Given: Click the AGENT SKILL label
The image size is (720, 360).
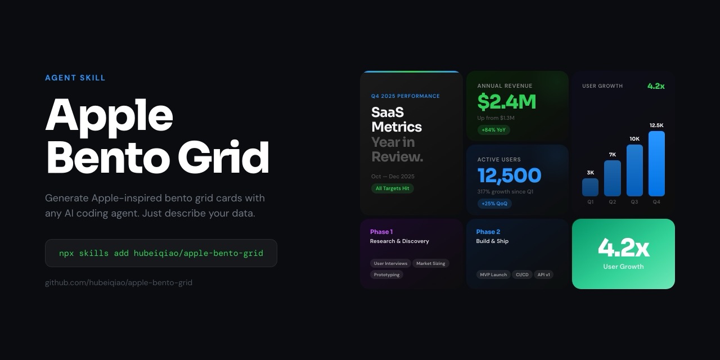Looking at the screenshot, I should click(75, 78).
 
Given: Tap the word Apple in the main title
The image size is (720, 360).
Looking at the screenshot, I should click(109, 115).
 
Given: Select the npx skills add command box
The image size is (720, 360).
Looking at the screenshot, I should click(161, 253).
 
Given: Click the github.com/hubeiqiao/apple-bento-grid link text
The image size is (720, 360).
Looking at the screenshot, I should click(119, 282).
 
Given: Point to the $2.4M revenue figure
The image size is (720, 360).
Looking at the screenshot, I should click(506, 102).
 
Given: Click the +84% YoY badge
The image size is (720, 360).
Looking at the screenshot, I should click(494, 130).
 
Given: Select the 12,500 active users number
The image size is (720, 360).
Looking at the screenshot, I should click(509, 175).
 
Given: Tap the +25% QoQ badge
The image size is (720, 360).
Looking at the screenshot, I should click(494, 204).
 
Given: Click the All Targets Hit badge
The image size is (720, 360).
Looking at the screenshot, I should click(392, 188).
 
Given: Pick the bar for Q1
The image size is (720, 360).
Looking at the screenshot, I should click(590, 187).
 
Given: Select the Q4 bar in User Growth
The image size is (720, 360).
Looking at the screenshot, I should click(656, 164).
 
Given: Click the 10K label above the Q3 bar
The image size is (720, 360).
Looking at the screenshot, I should click(634, 139).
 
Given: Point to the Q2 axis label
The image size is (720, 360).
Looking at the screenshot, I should click(612, 202).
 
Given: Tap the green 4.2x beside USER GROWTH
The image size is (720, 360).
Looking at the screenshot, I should click(656, 86).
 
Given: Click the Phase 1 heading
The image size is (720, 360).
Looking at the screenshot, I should click(381, 232).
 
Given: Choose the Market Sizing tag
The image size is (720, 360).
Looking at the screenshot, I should click(430, 263).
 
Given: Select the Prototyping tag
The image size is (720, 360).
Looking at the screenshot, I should click(386, 274).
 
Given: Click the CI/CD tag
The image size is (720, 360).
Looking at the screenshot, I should click(522, 274).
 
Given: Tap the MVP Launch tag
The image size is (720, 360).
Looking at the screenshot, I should click(493, 274).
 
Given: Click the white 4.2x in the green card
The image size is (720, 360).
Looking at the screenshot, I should click(623, 247).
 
